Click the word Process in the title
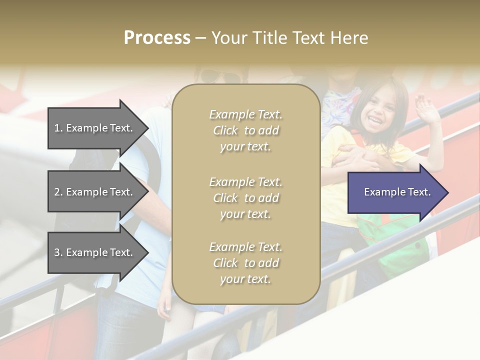[x=157, y=38]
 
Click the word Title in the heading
[x=269, y=38]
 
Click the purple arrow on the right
[x=397, y=192]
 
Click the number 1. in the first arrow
[x=58, y=128]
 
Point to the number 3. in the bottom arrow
[x=58, y=252]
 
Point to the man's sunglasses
[x=220, y=77]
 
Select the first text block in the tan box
[x=245, y=130]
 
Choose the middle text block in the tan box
[x=245, y=198]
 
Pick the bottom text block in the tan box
[x=245, y=263]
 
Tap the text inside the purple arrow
[x=397, y=192]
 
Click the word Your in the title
[x=228, y=38]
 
